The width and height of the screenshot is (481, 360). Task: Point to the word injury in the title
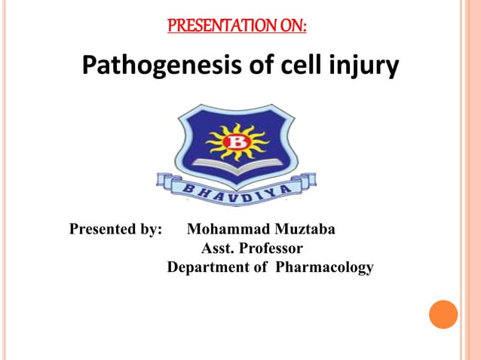click(x=363, y=68)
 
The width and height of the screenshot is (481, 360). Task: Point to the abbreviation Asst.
click(x=218, y=248)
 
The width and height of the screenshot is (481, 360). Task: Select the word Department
click(x=208, y=267)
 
